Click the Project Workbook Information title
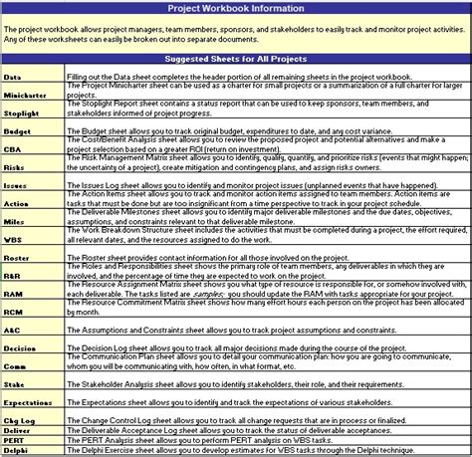pos(235,9)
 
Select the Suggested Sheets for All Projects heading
pos(236,61)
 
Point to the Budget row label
pos(17,130)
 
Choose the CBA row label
pos(13,149)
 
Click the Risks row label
pos(15,167)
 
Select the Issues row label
pos(16,185)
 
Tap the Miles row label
pos(15,221)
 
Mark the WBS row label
pos(13,239)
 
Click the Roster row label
pos(17,257)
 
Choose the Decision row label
pos(20,347)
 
